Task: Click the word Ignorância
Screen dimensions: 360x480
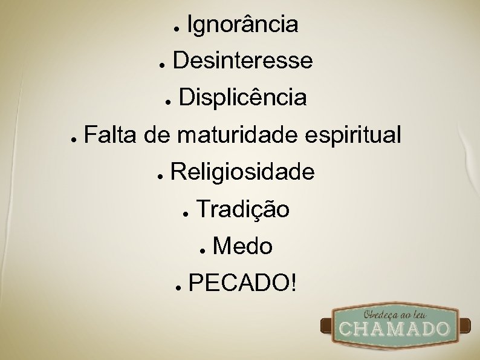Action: pos(242,25)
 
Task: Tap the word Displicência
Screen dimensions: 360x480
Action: pos(242,97)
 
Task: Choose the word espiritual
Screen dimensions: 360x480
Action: pos(353,136)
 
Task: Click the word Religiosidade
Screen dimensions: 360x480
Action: pos(242,173)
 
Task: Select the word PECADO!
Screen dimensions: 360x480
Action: pos(242,282)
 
